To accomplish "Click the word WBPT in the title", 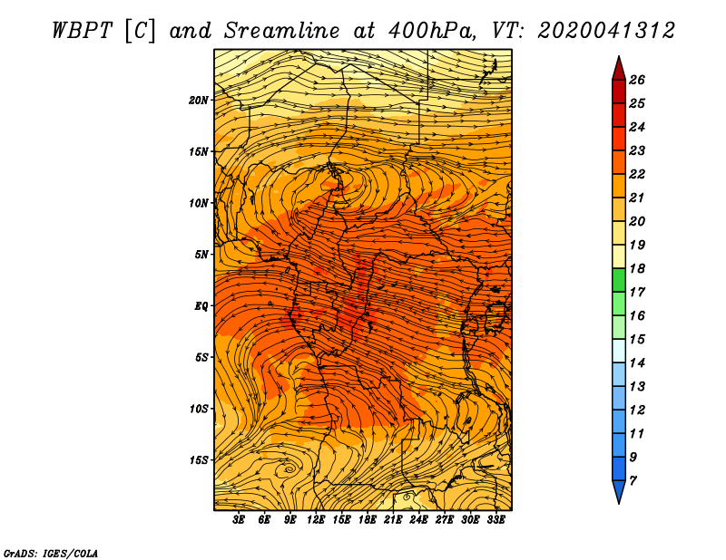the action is point(82,31).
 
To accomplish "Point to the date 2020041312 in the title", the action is point(606,31).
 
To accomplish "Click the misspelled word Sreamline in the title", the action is point(282,31).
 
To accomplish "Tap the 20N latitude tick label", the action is point(199,101).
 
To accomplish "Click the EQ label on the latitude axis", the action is point(201,306).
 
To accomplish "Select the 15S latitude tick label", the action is point(199,460).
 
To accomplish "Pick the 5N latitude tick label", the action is point(201,255).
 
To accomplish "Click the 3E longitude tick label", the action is point(239,520).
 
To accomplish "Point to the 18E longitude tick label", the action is point(367,520).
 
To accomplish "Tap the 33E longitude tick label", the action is point(495,520).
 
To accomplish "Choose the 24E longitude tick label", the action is point(418,520).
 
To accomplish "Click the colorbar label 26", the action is point(637,80).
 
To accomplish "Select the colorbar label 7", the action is point(633,481).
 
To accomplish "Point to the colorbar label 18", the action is point(637,268).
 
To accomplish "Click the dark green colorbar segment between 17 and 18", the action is point(619,280).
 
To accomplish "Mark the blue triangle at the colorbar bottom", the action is point(619,490).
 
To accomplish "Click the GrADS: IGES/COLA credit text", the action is point(51,554).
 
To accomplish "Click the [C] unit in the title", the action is point(140,31).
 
